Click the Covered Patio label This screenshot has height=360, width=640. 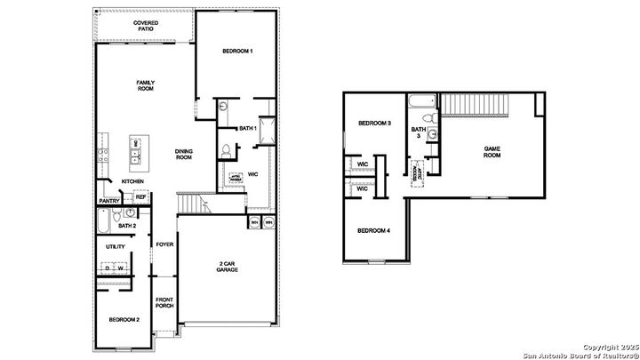coord(145,26)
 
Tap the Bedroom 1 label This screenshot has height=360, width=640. coord(238,52)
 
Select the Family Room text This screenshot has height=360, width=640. coord(146,86)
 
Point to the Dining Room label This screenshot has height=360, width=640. coord(184,154)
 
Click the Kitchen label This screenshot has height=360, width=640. coord(133,181)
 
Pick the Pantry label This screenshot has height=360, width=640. coord(109,201)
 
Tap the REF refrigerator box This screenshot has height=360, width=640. coord(140,197)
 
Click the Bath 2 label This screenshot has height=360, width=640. coord(127,226)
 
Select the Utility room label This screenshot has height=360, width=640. coord(116,246)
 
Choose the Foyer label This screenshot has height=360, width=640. coord(164,244)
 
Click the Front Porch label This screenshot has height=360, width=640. coord(164,302)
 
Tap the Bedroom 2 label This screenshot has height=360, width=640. coord(124,319)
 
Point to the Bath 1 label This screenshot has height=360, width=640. coord(247,130)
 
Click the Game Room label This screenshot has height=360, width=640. coord(492,151)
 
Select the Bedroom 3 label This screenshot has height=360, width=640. coord(374,123)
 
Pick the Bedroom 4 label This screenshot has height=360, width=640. coord(373,231)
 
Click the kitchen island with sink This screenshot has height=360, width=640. coord(135,153)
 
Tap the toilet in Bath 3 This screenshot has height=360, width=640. coord(428,117)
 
